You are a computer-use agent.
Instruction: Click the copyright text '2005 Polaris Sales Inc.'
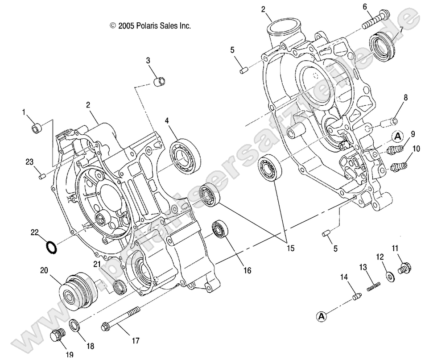point(150,26)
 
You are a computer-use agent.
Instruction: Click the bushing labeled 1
point(37,128)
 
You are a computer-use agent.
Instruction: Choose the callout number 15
point(290,249)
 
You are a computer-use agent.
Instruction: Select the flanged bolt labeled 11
point(404,268)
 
